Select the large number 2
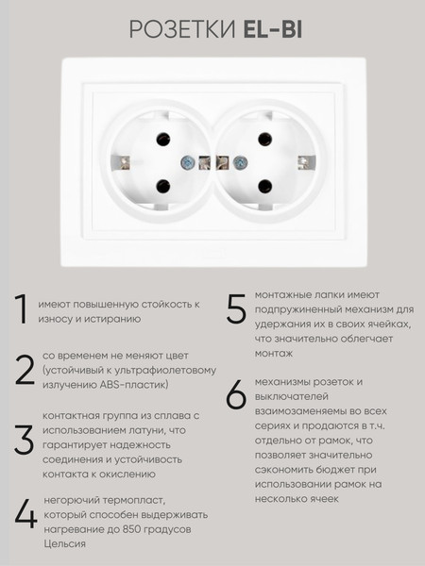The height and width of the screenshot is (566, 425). click(x=24, y=369)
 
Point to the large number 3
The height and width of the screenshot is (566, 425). click(x=24, y=441)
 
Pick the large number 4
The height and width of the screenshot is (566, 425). click(x=25, y=514)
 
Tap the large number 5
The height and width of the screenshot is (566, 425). click(x=236, y=309)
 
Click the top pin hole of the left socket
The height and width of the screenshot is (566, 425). click(x=161, y=140)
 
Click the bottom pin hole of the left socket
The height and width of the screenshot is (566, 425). click(x=161, y=185)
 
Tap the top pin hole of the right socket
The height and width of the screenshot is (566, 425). click(x=263, y=140)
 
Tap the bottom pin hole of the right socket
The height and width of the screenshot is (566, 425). click(x=263, y=185)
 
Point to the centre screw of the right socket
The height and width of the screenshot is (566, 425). click(x=238, y=162)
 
